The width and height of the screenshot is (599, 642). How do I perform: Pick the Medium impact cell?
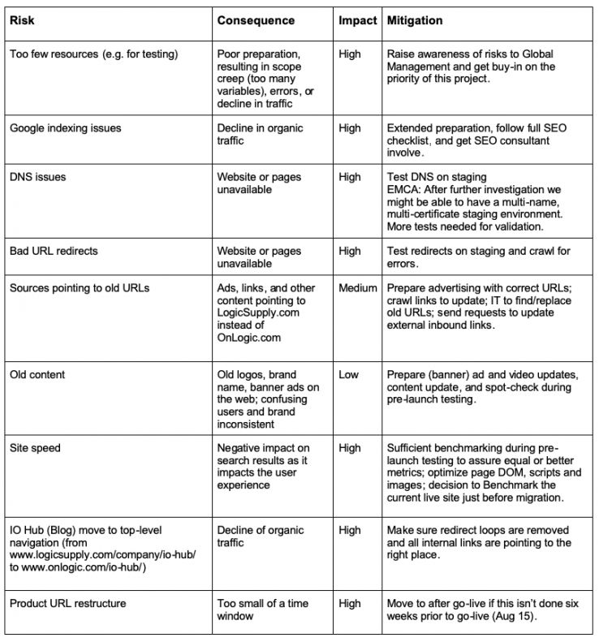[358, 287]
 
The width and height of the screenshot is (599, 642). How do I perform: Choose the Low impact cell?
[348, 375]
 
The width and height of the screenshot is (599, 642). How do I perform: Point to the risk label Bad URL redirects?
[54, 251]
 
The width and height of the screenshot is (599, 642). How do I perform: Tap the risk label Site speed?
[37, 448]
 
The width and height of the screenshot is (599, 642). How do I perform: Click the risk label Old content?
[37, 375]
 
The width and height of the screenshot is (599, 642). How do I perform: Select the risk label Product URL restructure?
[67, 603]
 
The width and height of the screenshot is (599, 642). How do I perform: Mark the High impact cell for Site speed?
[350, 448]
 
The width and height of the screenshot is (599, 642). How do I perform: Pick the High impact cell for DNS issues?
[350, 177]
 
